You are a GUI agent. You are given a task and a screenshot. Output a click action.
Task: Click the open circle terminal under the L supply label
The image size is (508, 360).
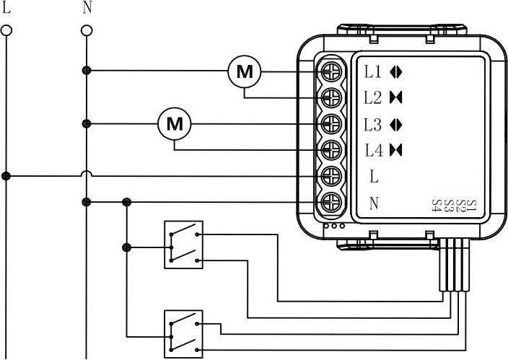(x=6, y=31)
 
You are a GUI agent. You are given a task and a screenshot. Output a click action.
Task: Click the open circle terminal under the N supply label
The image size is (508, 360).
(x=87, y=31)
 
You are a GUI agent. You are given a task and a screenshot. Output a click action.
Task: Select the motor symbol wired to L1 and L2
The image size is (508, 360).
(x=245, y=71)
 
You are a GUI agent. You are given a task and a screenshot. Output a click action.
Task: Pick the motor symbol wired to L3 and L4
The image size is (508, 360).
(x=175, y=124)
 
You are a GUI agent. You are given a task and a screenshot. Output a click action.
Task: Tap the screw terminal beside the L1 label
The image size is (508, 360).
(x=331, y=71)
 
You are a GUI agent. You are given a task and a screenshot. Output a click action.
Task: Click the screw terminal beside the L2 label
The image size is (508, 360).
(x=331, y=97)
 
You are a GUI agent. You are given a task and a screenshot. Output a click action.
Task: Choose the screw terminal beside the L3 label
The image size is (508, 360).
(x=331, y=124)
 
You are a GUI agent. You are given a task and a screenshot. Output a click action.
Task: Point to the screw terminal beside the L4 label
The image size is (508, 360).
(x=331, y=150)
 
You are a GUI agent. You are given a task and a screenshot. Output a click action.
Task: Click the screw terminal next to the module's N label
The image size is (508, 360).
(x=331, y=203)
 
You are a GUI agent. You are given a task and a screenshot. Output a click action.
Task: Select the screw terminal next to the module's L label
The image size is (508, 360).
(x=331, y=176)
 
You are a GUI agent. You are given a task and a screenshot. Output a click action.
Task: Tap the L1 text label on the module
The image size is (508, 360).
(x=373, y=71)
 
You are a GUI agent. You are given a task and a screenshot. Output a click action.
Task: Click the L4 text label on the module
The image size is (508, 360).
(x=374, y=150)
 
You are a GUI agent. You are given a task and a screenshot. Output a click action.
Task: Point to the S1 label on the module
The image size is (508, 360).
(x=473, y=206)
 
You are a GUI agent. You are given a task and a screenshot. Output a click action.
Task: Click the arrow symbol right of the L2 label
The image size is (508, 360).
(x=396, y=97)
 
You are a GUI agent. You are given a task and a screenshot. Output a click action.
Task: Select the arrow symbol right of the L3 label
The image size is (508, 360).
(x=396, y=125)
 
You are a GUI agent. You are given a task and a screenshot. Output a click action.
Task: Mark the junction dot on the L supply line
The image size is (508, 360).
(x=6, y=176)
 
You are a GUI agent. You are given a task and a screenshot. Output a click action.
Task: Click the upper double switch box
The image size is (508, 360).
(x=184, y=245)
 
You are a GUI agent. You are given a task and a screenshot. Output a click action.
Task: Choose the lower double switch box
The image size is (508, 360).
(x=184, y=334)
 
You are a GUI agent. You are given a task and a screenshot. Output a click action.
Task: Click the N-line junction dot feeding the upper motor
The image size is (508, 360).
(x=87, y=70)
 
